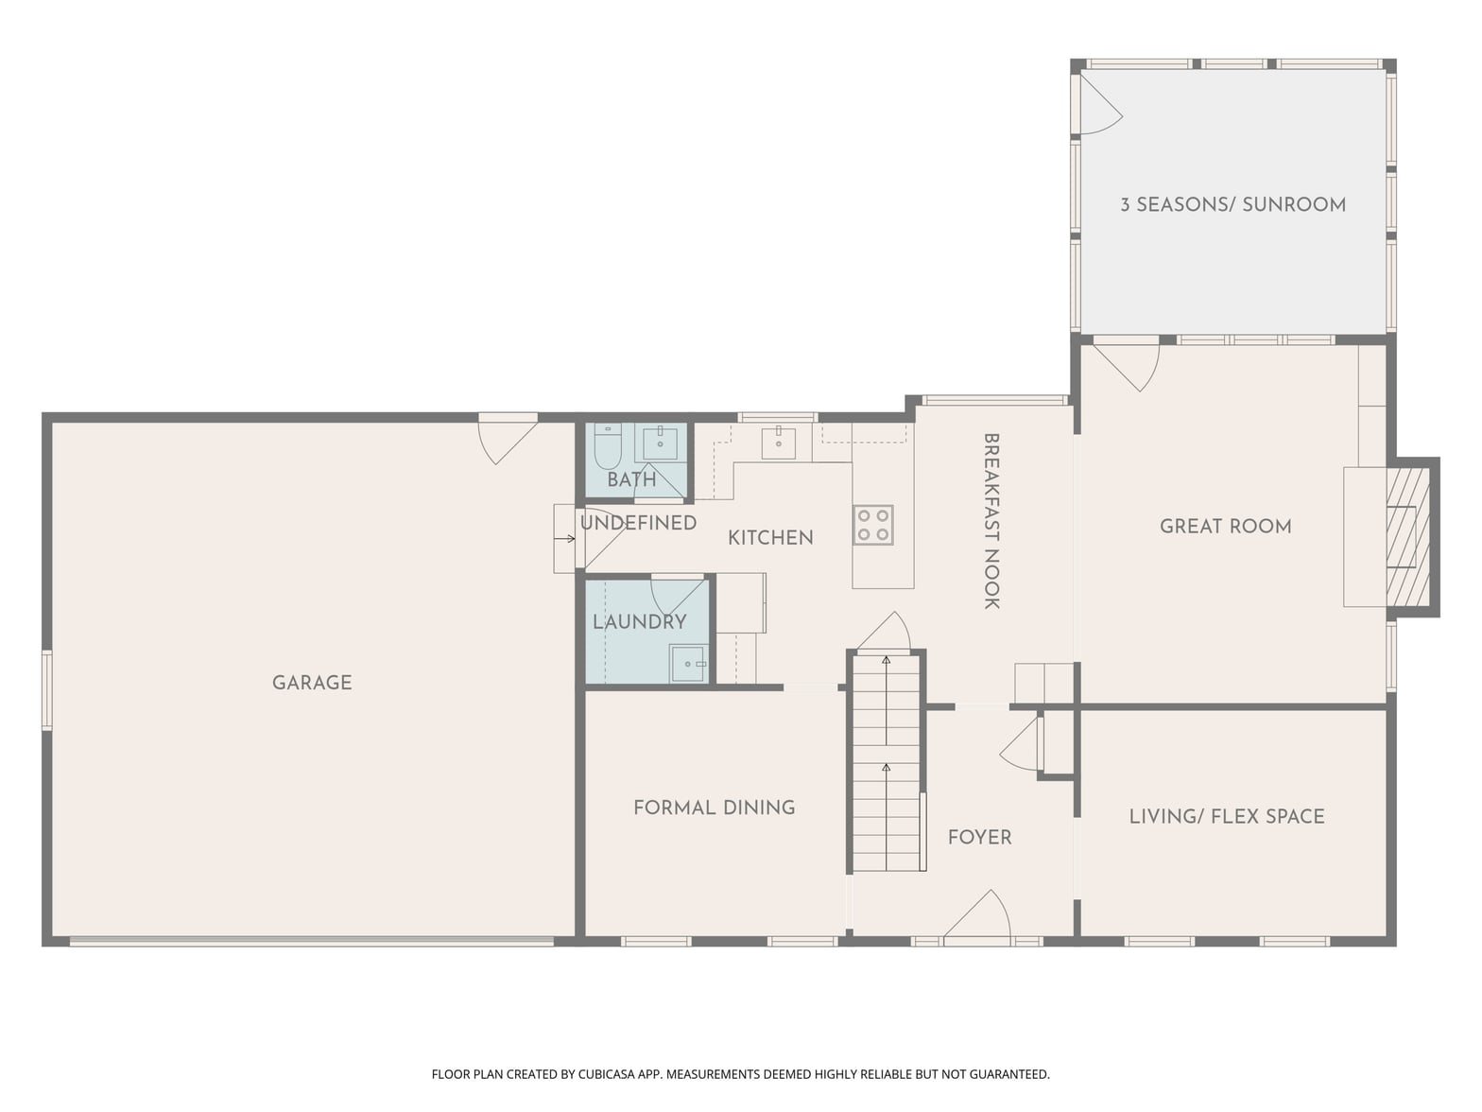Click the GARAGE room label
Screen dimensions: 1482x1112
click(312, 683)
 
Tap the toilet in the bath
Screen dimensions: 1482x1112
click(607, 447)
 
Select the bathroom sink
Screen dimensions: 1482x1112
click(660, 443)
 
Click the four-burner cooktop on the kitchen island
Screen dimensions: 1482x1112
click(873, 526)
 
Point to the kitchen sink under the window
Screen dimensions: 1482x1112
click(779, 443)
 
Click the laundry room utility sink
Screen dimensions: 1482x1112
click(688, 664)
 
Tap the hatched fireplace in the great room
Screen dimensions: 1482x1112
click(1407, 537)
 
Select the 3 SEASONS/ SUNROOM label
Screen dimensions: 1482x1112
click(1232, 204)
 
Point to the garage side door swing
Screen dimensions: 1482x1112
click(508, 442)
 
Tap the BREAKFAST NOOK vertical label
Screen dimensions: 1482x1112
click(991, 521)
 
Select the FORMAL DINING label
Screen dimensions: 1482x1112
click(715, 808)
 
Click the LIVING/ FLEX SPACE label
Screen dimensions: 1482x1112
click(1227, 816)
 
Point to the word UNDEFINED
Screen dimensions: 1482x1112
click(638, 523)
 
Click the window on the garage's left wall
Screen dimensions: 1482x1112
click(46, 689)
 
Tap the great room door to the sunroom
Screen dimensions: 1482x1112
click(1127, 367)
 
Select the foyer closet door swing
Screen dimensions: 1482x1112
click(1021, 743)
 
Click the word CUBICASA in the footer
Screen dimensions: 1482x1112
click(607, 1073)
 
